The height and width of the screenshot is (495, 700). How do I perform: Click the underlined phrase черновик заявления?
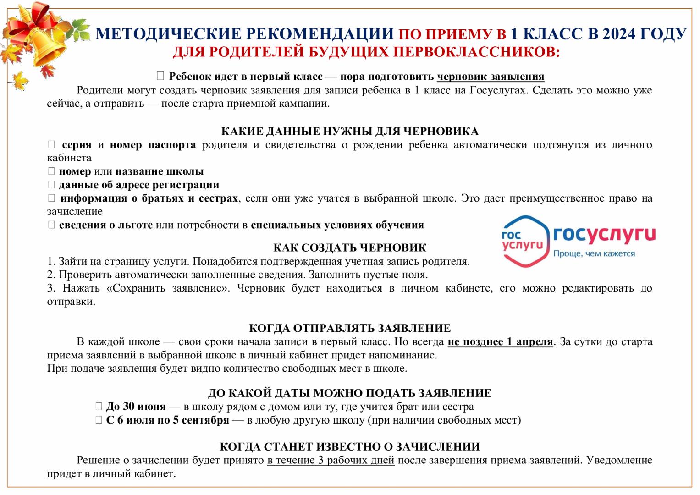click(491, 77)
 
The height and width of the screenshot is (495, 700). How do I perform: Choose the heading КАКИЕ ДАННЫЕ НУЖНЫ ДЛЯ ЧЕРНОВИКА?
click(350, 132)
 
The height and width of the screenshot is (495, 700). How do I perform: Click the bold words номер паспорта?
click(153, 145)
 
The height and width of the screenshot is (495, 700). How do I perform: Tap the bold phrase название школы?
click(160, 171)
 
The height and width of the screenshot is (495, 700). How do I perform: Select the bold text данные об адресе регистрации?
click(139, 185)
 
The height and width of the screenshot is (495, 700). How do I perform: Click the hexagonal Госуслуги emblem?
click(524, 241)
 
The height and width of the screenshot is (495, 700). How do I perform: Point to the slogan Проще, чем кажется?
click(594, 253)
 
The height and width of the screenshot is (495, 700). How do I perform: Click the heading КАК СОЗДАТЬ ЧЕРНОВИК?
click(350, 248)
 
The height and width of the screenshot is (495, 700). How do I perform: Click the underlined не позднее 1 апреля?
click(500, 342)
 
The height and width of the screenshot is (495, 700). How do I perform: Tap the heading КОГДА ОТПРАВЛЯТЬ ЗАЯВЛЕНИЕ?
click(350, 328)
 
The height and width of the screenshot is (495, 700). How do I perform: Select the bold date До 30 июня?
click(136, 407)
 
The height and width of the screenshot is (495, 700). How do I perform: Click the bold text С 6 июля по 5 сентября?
click(167, 420)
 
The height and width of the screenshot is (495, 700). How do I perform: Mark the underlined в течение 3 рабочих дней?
click(331, 460)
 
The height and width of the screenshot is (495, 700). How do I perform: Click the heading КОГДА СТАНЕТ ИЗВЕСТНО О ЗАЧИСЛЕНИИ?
click(350, 447)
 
